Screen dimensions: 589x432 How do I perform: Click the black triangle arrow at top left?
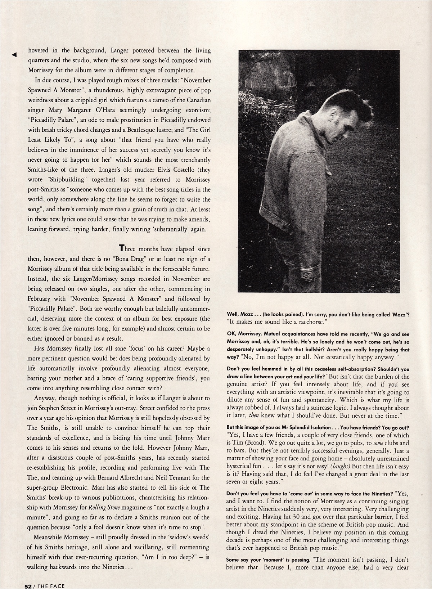[14, 55]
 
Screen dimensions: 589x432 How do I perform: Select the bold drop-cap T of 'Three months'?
[122, 249]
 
